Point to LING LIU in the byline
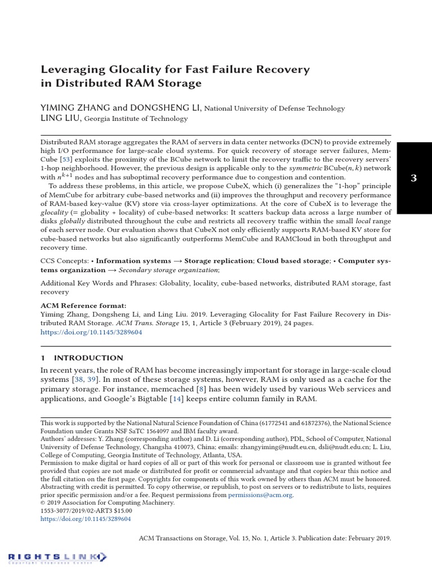pos(61,118)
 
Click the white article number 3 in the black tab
pos(413,178)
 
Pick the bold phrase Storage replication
pos(220,261)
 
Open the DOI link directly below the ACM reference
pos(91,332)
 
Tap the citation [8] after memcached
pos(201,389)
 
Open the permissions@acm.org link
pos(260,495)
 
